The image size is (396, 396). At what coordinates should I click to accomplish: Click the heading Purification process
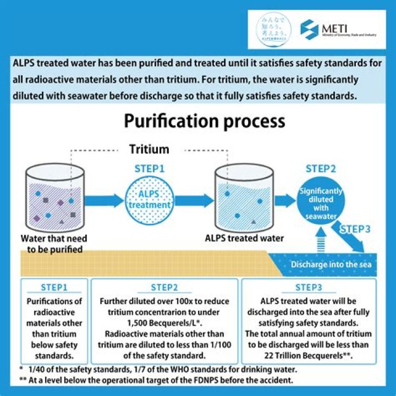204,122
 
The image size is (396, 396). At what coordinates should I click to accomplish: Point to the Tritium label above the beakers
149,149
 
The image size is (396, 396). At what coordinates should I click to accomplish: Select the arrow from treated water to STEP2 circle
283,201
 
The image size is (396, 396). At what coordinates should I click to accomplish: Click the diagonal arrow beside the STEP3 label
350,242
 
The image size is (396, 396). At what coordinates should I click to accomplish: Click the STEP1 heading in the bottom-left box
54,287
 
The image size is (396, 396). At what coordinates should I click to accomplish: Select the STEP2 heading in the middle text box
164,287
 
